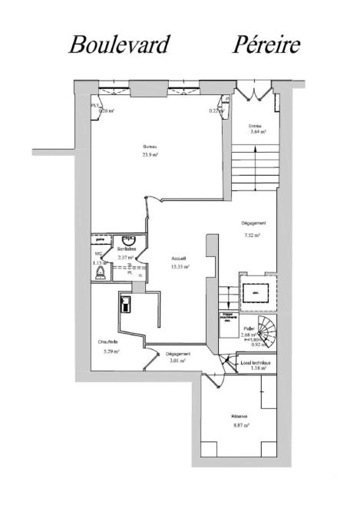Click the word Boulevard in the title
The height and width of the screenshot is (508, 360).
[119, 45]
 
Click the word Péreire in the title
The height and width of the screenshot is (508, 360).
[266, 45]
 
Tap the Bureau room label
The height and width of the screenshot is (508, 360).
[150, 147]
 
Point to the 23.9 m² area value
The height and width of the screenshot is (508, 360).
[150, 155]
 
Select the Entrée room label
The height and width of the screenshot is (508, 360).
[256, 125]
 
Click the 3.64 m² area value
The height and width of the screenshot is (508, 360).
[257, 132]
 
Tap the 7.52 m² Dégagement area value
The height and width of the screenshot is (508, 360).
[252, 235]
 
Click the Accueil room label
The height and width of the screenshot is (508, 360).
[179, 259]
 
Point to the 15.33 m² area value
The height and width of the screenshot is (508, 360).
[180, 267]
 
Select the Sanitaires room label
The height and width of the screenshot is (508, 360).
[127, 249]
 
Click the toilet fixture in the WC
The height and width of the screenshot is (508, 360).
[99, 270]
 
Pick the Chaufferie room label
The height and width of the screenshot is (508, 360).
[107, 342]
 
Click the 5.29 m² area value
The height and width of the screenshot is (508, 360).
[111, 351]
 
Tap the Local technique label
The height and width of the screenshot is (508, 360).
[255, 362]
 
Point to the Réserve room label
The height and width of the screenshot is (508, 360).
[240, 417]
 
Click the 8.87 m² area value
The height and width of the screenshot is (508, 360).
[240, 425]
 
